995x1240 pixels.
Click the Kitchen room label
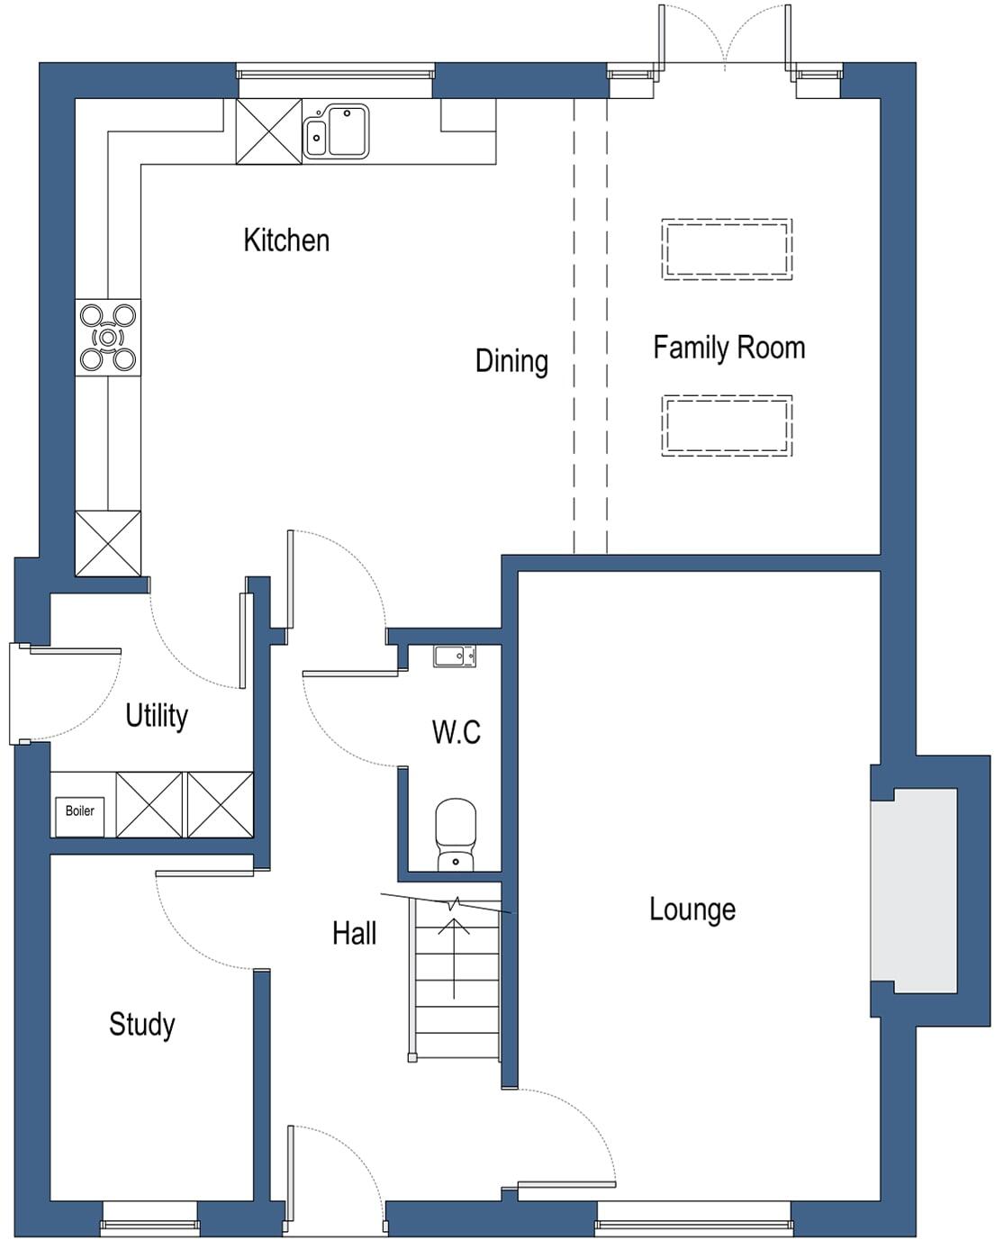point(286,240)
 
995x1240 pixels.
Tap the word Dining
point(511,361)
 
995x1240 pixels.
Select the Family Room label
point(728,348)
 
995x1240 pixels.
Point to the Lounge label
point(692,910)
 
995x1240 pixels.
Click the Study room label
point(141,1025)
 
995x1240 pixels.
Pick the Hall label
point(354,934)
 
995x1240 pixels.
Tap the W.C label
point(456,732)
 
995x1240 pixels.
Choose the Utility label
point(157,716)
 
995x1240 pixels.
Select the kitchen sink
point(337,132)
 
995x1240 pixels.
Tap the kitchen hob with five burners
point(108,338)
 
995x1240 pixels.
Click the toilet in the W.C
point(456,833)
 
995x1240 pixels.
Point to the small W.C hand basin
point(455,657)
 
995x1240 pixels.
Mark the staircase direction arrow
point(454,955)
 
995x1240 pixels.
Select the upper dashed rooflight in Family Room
point(727,249)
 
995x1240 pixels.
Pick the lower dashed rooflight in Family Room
point(727,426)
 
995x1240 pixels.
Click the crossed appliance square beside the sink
point(269,132)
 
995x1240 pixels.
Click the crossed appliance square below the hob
point(108,543)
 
